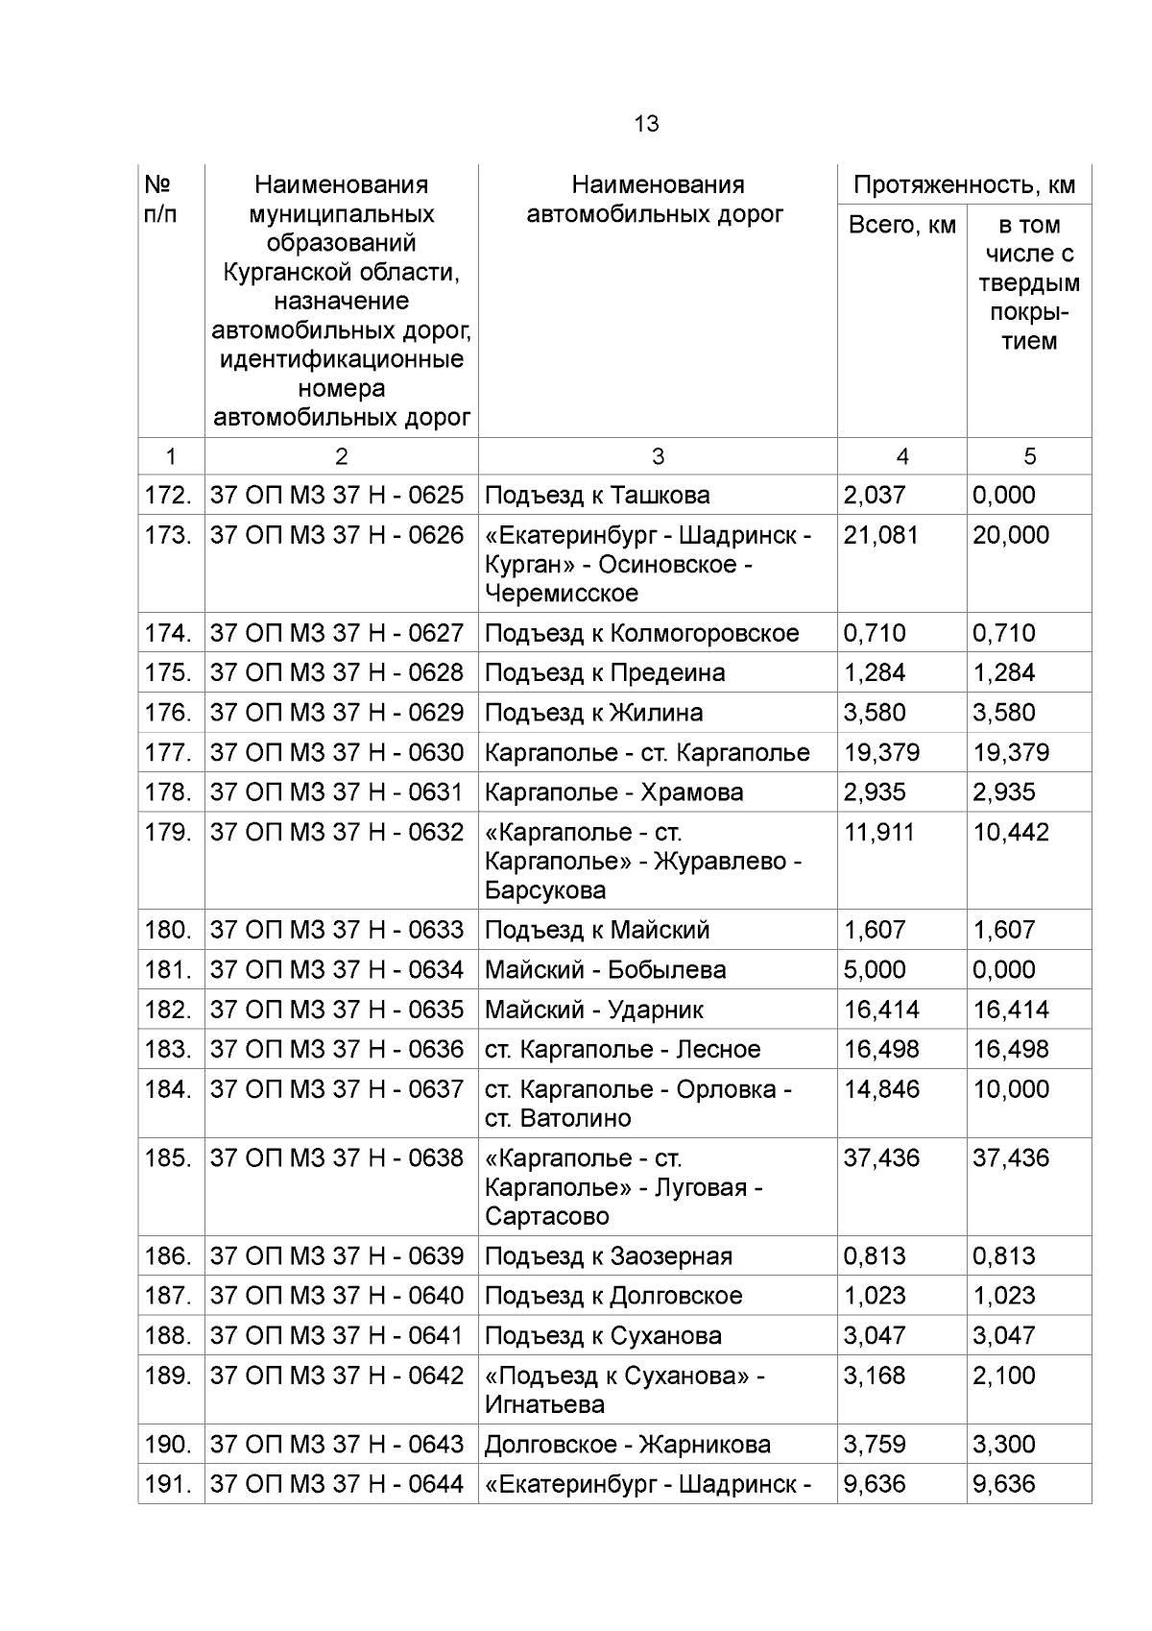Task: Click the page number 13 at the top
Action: tap(646, 124)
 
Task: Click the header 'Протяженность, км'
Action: tap(964, 184)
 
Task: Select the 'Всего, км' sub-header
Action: tap(901, 225)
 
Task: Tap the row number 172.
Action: tap(168, 496)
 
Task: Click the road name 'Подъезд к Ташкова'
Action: tap(597, 496)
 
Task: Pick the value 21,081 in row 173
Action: tap(880, 535)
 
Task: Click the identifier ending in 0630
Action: tap(336, 752)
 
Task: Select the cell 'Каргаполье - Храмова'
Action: tap(613, 792)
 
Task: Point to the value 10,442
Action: tap(1010, 832)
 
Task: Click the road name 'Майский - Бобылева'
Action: tap(605, 970)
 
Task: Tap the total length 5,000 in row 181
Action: tap(874, 970)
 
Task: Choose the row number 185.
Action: tap(168, 1158)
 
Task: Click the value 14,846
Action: tap(880, 1089)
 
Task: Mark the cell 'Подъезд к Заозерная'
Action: tap(608, 1256)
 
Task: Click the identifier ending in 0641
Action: tap(336, 1336)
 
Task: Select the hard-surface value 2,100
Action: tap(1003, 1375)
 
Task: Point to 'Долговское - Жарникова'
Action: tap(627, 1445)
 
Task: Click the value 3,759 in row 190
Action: tap(874, 1445)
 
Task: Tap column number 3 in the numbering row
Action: tap(657, 456)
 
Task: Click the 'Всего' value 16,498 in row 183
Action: tap(880, 1050)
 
